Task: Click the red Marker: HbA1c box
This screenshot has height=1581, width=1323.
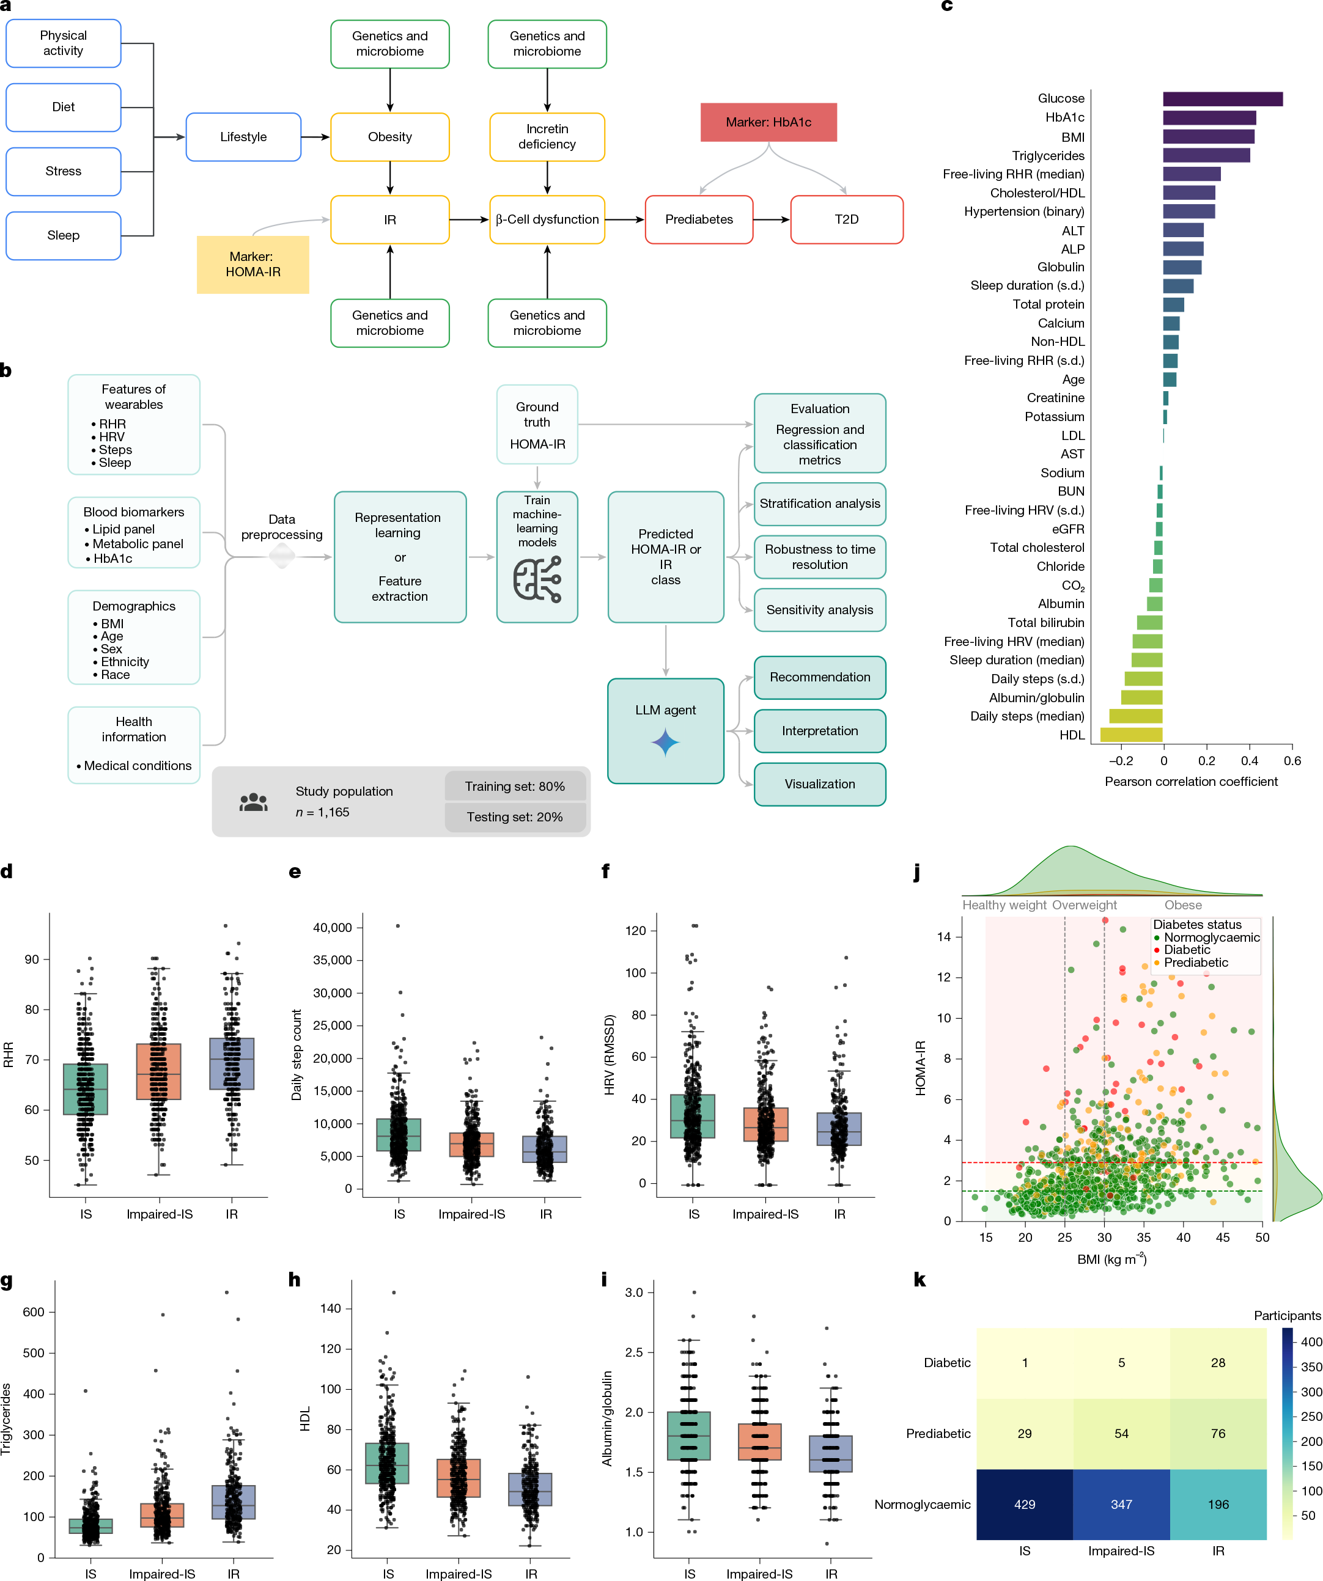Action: [x=768, y=122]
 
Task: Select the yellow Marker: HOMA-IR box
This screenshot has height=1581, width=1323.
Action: [x=253, y=264]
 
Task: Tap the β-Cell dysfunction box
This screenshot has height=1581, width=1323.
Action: [x=547, y=219]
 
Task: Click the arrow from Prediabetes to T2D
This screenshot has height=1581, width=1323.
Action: [x=771, y=219]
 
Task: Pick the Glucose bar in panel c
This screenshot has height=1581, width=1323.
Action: [x=1222, y=98]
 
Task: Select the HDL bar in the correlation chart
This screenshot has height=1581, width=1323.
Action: [x=1131, y=735]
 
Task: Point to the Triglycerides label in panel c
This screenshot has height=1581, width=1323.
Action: [x=1047, y=156]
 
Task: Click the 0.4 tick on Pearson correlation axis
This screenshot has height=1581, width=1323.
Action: [x=1249, y=760]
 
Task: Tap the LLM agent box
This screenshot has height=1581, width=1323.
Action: [x=666, y=730]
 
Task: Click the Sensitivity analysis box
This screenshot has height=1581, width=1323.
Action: [x=819, y=610]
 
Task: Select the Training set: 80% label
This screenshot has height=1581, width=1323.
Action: [x=514, y=786]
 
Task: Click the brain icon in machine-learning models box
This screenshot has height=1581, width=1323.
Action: [x=537, y=578]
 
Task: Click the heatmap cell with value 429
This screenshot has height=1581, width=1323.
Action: [x=1024, y=1503]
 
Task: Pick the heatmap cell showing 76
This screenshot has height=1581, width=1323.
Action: [x=1218, y=1434]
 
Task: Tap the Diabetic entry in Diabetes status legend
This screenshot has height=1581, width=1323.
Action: [x=1186, y=950]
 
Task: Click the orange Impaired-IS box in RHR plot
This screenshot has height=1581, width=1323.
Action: [x=159, y=1071]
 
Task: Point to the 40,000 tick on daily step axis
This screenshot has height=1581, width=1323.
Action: [x=332, y=928]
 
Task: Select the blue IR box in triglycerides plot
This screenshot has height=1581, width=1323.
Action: [x=234, y=1502]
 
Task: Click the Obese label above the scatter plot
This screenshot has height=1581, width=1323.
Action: [x=1182, y=905]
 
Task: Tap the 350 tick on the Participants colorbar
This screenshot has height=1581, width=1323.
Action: [x=1311, y=1366]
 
